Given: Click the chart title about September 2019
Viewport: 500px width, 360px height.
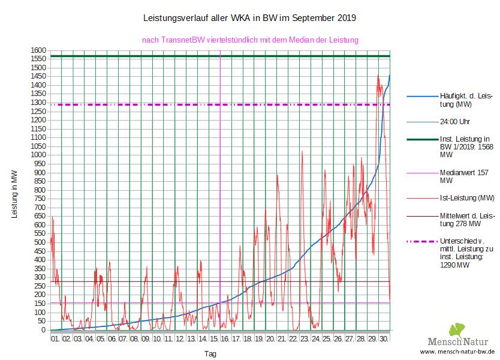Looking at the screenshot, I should [249, 18].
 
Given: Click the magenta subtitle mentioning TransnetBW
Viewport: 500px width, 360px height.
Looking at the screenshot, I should [249, 40].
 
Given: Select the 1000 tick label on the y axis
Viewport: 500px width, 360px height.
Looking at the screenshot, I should [39, 155].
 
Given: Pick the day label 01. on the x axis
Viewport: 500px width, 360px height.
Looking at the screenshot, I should [56, 339].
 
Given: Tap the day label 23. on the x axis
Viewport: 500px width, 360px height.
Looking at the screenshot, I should [305, 339].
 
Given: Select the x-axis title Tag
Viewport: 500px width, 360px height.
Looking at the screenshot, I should [210, 353].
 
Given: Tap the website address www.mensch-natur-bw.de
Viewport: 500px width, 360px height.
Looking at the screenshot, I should [457, 352].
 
